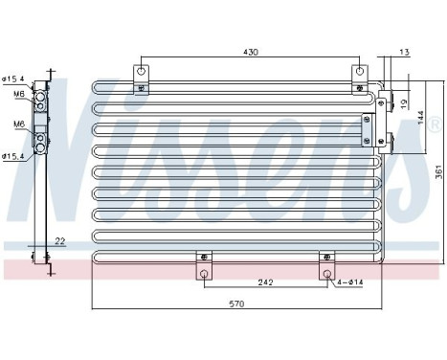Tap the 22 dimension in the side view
(x=59, y=241)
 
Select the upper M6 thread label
(x=19, y=94)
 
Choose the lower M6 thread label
(x=19, y=124)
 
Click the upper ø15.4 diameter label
(x=14, y=79)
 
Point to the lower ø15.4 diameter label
(x=14, y=156)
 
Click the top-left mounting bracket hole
(x=142, y=72)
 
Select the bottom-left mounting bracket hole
(x=203, y=274)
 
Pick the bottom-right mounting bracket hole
(x=326, y=274)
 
